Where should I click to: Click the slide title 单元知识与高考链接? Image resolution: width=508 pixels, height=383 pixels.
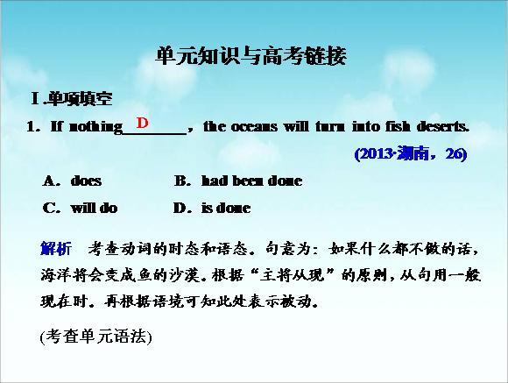click(251, 56)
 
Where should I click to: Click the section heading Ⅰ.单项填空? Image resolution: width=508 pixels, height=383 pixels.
click(72, 98)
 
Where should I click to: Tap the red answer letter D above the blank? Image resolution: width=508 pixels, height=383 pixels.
click(142, 123)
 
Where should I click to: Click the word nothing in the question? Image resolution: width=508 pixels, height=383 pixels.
click(95, 127)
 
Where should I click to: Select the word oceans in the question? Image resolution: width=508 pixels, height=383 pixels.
click(254, 126)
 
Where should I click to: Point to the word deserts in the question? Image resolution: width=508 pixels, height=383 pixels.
click(443, 126)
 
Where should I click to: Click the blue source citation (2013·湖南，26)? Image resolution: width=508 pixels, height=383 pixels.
click(411, 153)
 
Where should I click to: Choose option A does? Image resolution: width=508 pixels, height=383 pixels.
click(72, 181)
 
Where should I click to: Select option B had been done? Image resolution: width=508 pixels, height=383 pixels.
click(238, 181)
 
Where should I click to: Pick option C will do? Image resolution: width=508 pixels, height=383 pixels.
click(80, 208)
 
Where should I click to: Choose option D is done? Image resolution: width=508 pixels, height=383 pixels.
click(212, 208)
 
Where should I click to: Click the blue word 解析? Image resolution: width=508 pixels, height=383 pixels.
click(56, 249)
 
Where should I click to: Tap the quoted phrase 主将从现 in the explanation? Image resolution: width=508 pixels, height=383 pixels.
click(292, 275)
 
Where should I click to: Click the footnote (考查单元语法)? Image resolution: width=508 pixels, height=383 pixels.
click(95, 337)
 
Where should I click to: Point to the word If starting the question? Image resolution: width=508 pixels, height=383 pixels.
click(56, 126)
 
